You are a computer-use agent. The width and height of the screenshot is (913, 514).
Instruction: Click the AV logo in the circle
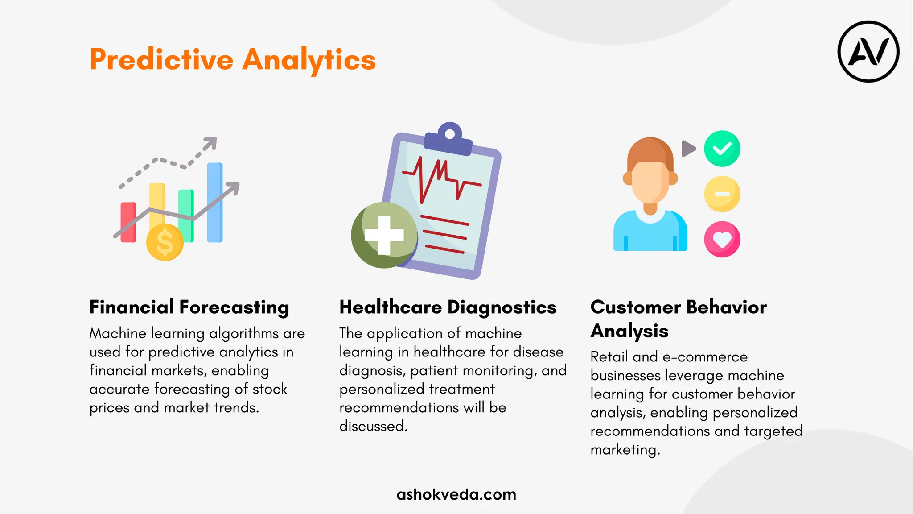click(868, 51)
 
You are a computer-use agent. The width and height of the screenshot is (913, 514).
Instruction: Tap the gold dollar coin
click(165, 242)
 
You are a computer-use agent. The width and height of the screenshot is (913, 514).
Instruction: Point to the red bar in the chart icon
click(128, 222)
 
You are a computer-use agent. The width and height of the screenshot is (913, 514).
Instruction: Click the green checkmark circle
click(722, 149)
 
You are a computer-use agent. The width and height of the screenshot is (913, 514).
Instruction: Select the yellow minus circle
click(722, 194)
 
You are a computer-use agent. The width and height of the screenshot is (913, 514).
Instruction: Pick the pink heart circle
click(722, 240)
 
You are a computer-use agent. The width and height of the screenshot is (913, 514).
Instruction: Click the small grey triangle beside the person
click(688, 149)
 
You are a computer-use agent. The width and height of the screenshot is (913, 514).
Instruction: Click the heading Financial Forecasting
click(189, 307)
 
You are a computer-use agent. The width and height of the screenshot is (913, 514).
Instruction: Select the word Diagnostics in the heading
click(502, 307)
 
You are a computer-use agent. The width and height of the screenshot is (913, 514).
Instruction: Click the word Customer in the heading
click(636, 307)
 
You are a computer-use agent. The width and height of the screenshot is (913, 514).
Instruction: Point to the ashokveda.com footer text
click(456, 494)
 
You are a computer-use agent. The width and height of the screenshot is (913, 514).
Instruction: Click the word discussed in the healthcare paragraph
click(373, 426)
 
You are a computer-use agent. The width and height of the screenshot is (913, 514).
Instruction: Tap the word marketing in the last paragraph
click(624, 450)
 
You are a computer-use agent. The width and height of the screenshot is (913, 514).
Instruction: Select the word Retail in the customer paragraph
click(609, 357)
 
